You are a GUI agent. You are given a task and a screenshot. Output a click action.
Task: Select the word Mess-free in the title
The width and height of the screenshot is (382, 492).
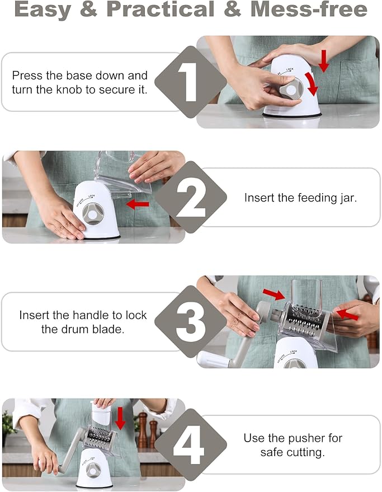309,10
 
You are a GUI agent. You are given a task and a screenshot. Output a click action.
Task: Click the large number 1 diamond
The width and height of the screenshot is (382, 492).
190,82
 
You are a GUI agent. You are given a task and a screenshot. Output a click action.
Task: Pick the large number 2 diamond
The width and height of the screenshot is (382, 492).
191,197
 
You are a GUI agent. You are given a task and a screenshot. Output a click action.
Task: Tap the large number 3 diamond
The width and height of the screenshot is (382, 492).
190,321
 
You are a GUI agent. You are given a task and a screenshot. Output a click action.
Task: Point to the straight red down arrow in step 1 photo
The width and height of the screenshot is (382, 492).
324,60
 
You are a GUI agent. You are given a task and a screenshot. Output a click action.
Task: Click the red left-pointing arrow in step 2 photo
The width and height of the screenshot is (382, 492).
138,204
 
